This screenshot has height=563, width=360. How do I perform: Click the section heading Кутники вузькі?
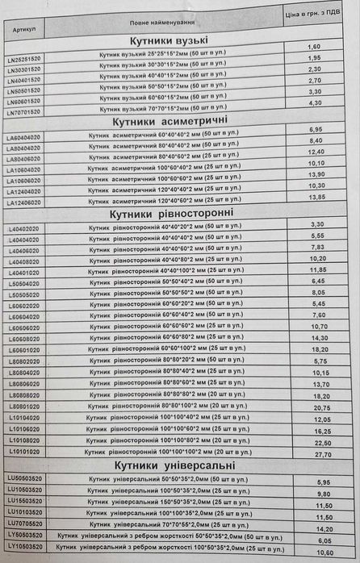click(169, 41)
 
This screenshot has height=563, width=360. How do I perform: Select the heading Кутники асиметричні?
click(174, 120)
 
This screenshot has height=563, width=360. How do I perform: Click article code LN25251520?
click(24, 58)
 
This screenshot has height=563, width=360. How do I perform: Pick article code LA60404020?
click(24, 137)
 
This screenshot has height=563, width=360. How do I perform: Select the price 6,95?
click(316, 128)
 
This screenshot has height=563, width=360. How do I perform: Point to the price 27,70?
click(323, 454)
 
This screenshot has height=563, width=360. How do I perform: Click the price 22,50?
click(323, 443)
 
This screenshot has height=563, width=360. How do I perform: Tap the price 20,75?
click(322, 409)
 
